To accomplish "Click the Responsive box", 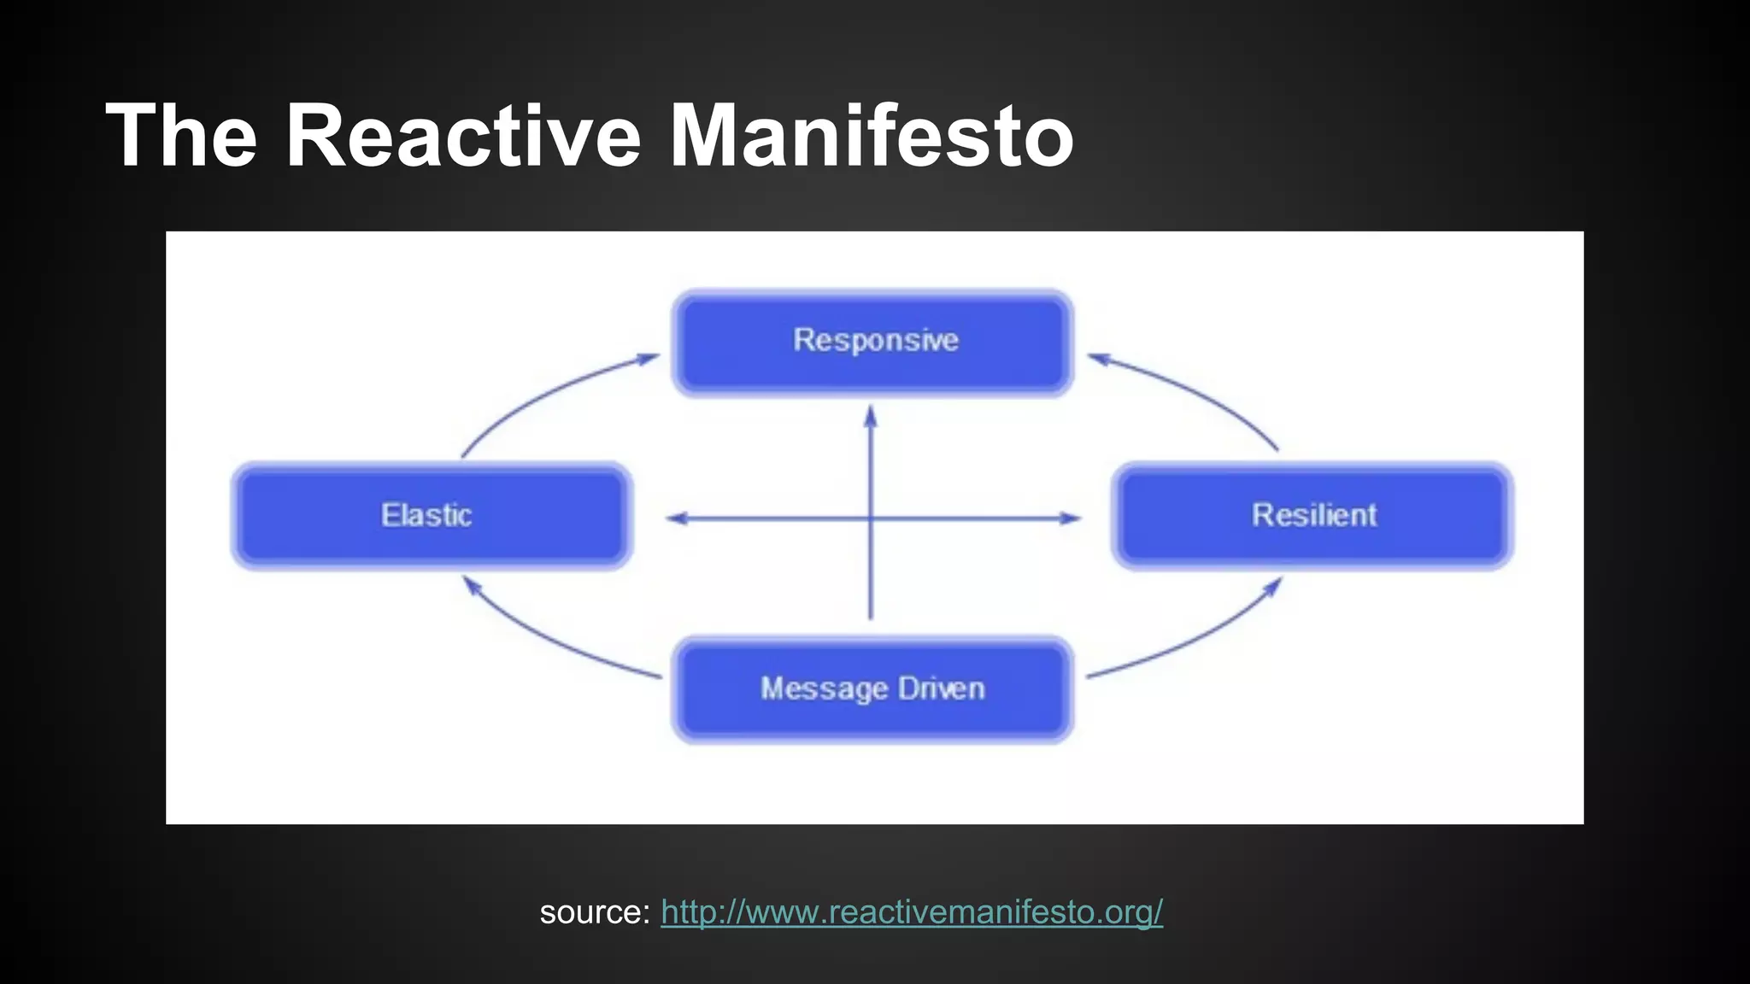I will click(x=873, y=343).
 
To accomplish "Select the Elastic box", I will click(x=432, y=516).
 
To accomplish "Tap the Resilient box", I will click(x=1312, y=516).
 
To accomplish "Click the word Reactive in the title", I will click(x=462, y=137).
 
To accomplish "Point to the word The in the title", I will click(x=181, y=137).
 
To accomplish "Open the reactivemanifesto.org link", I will click(x=911, y=912).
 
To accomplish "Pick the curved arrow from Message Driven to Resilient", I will click(x=1196, y=641).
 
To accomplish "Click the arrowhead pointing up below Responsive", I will click(x=871, y=416).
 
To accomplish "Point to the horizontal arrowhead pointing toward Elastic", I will click(x=676, y=518).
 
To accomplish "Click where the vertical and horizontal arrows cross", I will click(x=871, y=518).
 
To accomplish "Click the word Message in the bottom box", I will click(x=825, y=689).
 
